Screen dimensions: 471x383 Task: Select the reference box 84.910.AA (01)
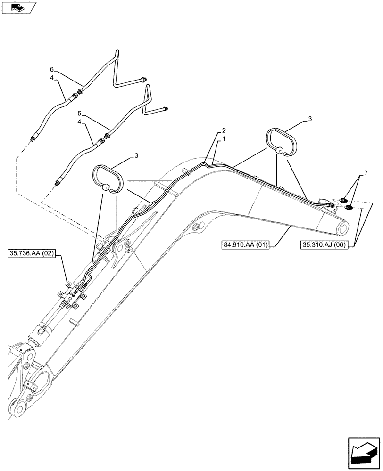245,245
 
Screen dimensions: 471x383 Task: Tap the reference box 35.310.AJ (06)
324,245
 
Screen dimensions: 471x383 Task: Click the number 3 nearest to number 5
136,155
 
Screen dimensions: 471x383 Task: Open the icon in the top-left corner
19,7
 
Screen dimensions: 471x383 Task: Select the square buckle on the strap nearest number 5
107,187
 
